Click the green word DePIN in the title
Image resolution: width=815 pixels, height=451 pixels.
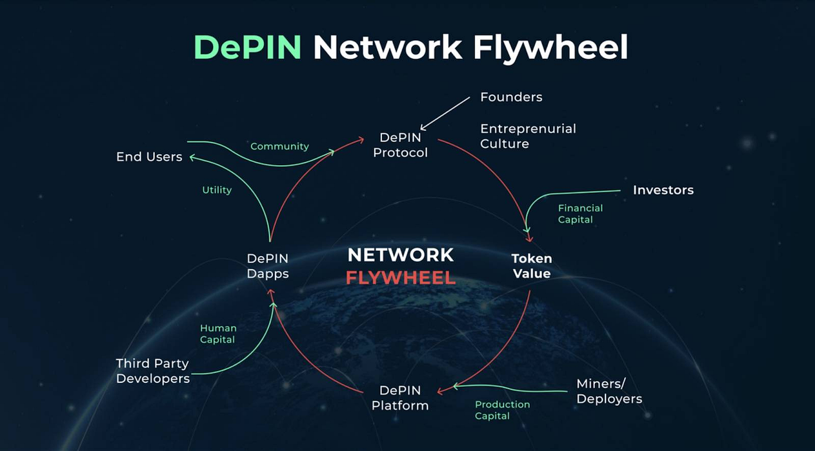pyautogui.click(x=247, y=47)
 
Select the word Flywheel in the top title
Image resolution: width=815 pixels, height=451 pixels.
pyautogui.click(x=550, y=47)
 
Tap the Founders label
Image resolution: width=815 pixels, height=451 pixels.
pyautogui.click(x=511, y=97)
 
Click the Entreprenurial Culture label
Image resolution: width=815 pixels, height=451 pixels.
pyautogui.click(x=527, y=136)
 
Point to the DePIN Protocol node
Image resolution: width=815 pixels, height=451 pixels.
pyautogui.click(x=400, y=145)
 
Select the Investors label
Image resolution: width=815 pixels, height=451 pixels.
pyautogui.click(x=663, y=190)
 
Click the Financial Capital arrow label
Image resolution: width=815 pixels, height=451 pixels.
pyautogui.click(x=580, y=214)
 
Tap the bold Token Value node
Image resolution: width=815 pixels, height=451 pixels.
pyautogui.click(x=531, y=266)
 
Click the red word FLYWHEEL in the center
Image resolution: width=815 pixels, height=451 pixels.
pyautogui.click(x=401, y=278)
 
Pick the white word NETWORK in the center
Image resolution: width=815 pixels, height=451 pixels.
pyautogui.click(x=401, y=254)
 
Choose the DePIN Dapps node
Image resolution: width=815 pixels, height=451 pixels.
pyautogui.click(x=267, y=266)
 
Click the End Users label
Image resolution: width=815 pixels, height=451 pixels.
pyautogui.click(x=149, y=157)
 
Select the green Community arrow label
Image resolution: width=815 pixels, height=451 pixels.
pyautogui.click(x=279, y=147)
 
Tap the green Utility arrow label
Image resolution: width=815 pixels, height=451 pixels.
pyautogui.click(x=217, y=190)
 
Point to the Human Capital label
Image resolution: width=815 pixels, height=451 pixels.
pyautogui.click(x=218, y=334)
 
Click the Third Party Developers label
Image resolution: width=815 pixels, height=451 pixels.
pyautogui.click(x=153, y=371)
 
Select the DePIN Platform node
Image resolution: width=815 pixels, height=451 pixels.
pyautogui.click(x=400, y=398)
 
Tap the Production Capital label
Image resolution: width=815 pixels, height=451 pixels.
pyautogui.click(x=502, y=410)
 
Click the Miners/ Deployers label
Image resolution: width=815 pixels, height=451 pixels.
pyautogui.click(x=609, y=391)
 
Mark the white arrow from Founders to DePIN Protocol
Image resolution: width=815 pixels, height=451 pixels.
pyautogui.click(x=445, y=113)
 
